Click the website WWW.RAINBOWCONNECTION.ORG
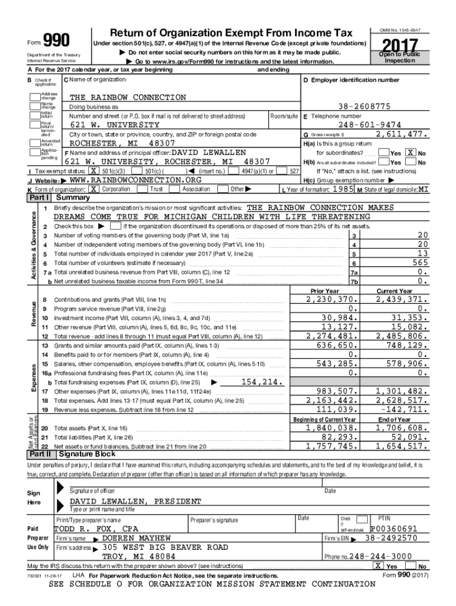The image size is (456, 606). click(135, 179)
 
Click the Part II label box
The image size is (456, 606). click(40, 454)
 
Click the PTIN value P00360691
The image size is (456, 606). click(394, 528)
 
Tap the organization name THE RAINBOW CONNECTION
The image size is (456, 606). click(128, 97)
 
